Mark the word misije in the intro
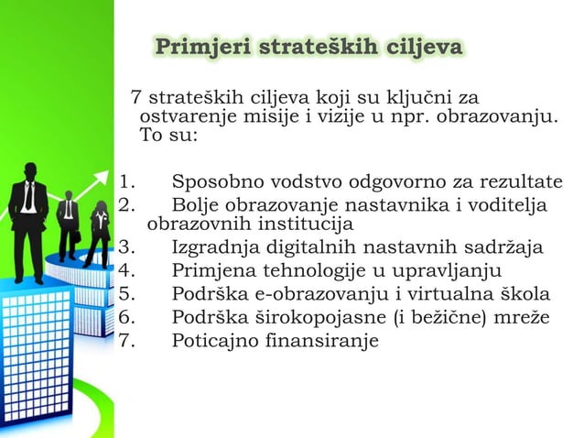point(273,118)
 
